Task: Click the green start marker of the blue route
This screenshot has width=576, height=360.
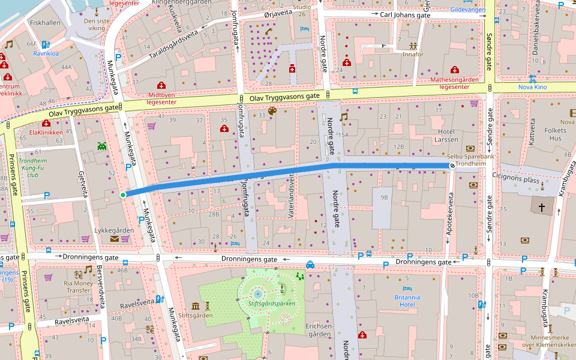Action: click(x=123, y=194)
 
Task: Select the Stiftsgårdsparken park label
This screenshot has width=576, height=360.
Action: click(x=271, y=304)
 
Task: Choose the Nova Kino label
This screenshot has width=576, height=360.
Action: click(x=533, y=87)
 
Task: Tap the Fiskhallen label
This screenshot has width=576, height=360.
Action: click(x=44, y=23)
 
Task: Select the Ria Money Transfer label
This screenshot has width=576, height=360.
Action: click(x=78, y=286)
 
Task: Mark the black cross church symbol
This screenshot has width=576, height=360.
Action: click(x=542, y=208)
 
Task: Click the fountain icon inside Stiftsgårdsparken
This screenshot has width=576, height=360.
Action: click(x=257, y=293)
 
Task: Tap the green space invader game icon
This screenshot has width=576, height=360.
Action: click(x=101, y=145)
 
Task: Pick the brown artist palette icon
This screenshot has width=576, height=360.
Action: click(x=272, y=111)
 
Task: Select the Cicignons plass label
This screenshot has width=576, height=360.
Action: click(x=515, y=178)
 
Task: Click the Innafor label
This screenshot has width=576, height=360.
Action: click(x=413, y=55)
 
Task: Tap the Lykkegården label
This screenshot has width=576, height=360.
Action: click(x=114, y=230)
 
